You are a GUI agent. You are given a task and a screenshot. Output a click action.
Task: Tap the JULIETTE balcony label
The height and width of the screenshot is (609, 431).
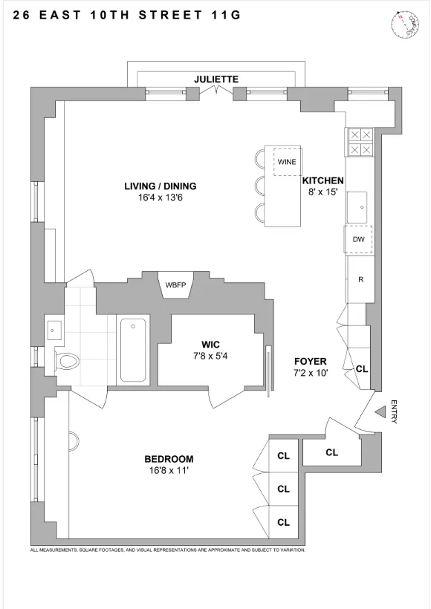click(215, 78)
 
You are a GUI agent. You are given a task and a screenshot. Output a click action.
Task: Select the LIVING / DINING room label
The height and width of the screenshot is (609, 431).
click(160, 186)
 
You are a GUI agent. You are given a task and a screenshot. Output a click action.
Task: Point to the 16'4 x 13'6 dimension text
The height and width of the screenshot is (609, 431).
click(160, 198)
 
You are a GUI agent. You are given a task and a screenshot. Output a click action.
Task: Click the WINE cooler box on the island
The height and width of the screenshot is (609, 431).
click(286, 161)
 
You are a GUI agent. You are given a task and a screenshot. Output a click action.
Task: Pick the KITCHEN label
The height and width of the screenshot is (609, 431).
click(323, 180)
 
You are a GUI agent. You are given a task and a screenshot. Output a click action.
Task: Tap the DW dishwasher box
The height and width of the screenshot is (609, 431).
click(358, 239)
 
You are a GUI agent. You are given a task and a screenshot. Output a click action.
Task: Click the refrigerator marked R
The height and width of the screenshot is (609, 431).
click(360, 280)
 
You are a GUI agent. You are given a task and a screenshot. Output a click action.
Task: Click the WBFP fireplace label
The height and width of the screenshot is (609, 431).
click(176, 284)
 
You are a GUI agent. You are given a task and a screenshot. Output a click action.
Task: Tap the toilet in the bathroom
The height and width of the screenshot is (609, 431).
click(68, 362)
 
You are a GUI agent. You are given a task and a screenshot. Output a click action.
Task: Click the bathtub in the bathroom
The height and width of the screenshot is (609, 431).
click(134, 349)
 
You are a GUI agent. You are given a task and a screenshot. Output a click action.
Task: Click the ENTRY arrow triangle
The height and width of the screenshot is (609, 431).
click(380, 411)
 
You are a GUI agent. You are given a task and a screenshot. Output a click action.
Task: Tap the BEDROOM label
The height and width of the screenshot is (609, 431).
click(169, 458)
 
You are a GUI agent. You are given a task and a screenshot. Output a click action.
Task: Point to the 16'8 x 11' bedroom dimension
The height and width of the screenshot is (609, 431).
click(169, 470)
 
